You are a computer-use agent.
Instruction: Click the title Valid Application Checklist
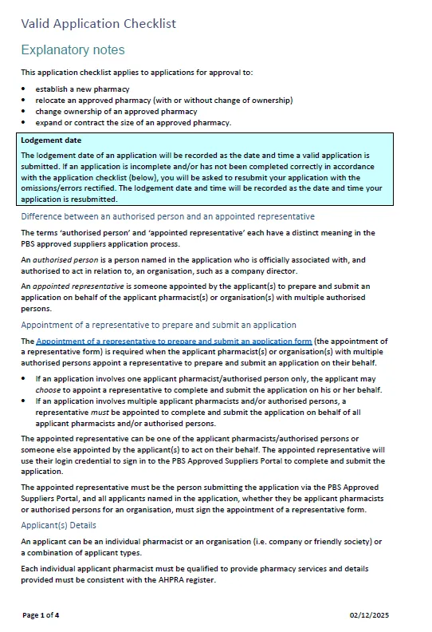pos(98,23)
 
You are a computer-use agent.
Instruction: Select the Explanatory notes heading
pos(73,50)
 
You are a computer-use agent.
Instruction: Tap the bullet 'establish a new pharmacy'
pos(82,89)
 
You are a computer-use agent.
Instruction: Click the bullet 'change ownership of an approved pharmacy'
pos(116,111)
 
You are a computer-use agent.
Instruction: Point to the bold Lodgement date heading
pos(51,140)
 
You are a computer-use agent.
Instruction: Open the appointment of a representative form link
pos(174,341)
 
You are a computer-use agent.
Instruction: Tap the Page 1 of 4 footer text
pos(41,615)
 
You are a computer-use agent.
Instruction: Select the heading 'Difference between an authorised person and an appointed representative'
pos(167,216)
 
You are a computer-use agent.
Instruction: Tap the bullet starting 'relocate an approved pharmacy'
pos(163,100)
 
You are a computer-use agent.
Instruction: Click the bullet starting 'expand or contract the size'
pos(133,122)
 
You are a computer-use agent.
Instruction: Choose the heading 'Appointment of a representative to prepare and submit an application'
pos(159,325)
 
